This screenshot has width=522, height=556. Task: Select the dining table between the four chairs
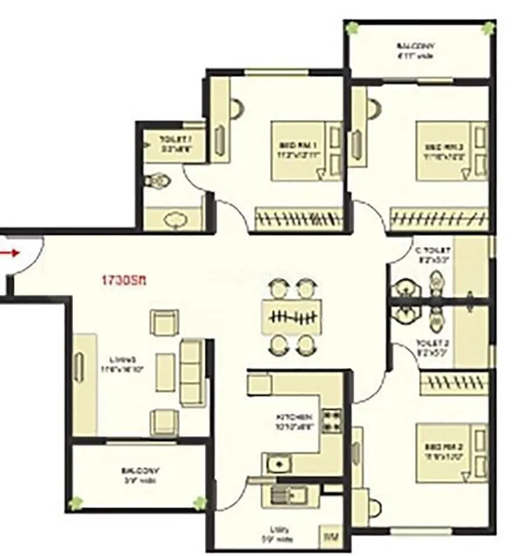(292, 317)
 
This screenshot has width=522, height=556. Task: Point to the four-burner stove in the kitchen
(331, 420)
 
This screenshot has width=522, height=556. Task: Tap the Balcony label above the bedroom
(415, 50)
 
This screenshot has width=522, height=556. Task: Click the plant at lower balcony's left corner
(76, 503)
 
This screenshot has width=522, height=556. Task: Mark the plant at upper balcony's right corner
(489, 28)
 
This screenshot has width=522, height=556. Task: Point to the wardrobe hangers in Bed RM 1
(299, 219)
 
